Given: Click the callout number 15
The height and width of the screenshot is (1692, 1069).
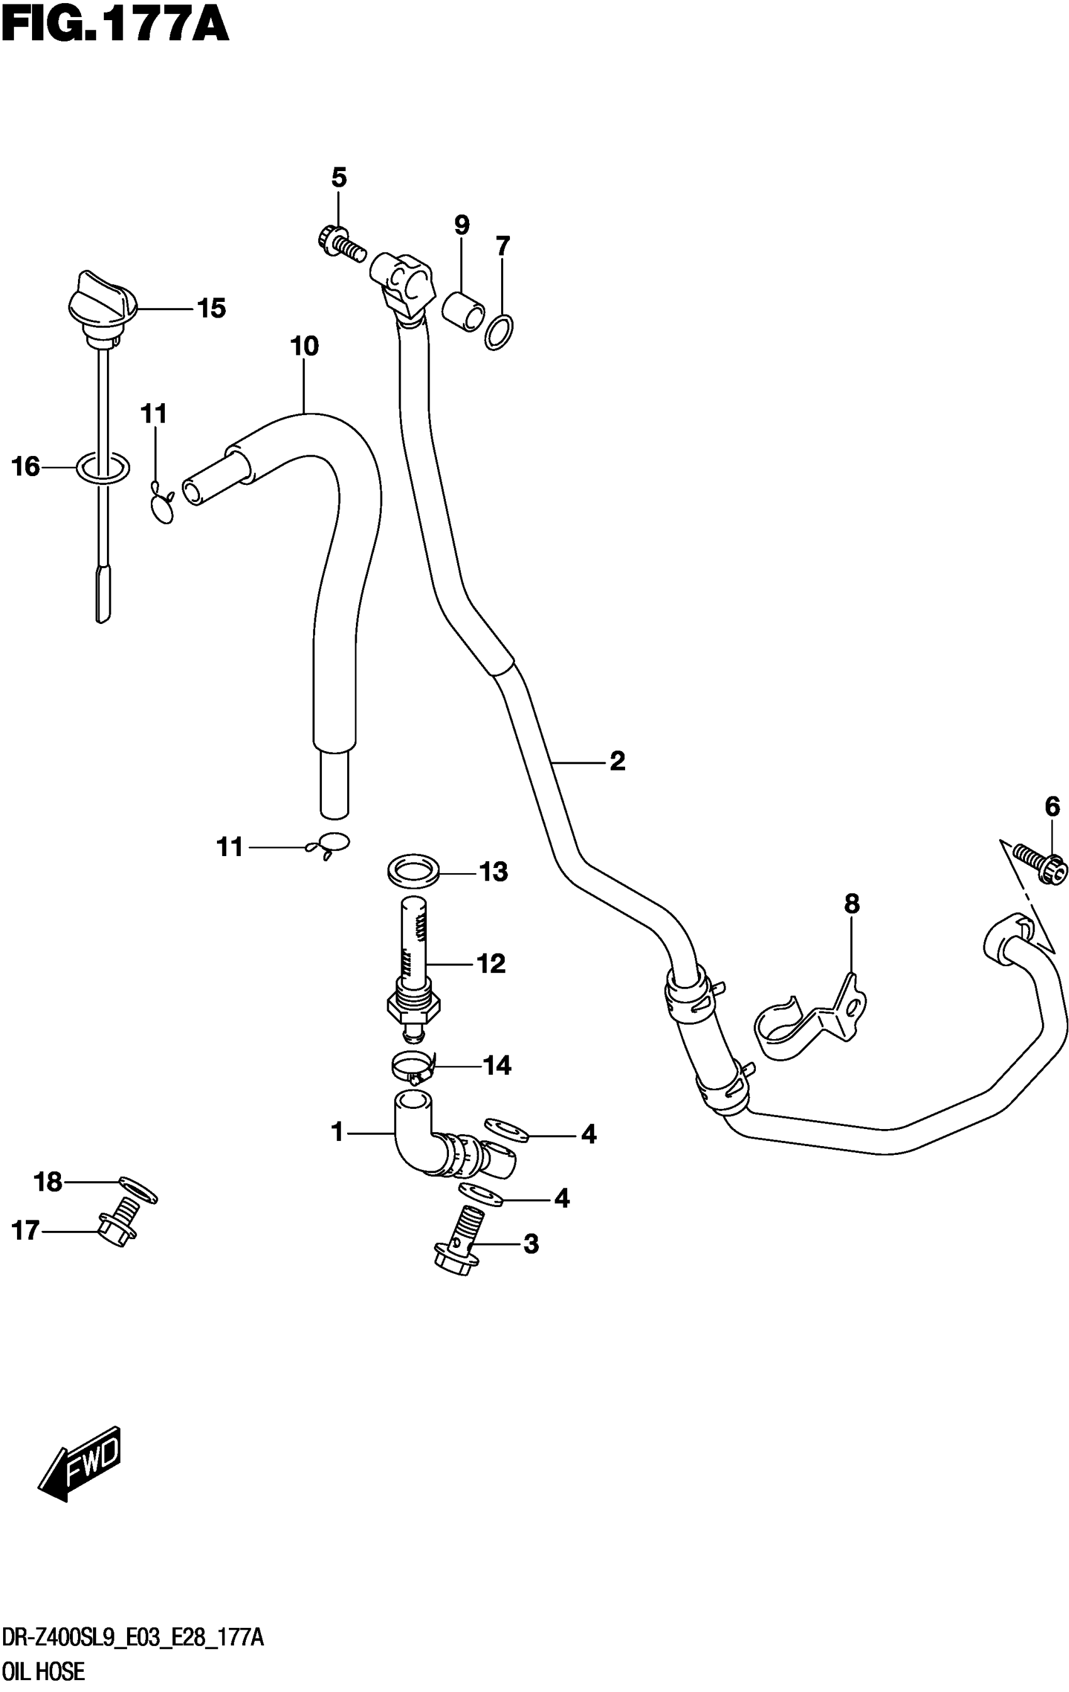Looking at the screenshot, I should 211,308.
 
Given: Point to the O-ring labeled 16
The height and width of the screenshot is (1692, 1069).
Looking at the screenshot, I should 102,467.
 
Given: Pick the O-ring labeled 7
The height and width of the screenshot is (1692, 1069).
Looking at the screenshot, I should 498,332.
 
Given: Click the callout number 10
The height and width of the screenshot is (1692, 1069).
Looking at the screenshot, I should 304,347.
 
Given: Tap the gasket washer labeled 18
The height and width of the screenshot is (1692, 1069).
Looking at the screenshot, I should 138,1188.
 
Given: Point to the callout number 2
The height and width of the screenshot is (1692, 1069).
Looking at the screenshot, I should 617,761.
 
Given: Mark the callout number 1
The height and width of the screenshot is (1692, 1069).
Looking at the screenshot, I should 337,1133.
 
